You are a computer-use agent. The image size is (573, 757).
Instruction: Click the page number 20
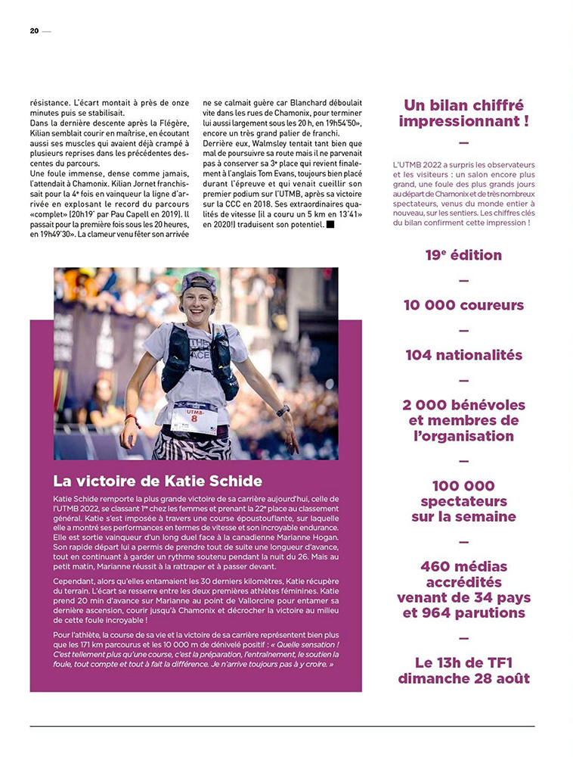(x=34, y=31)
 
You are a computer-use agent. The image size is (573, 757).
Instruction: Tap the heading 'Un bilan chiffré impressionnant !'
(x=463, y=113)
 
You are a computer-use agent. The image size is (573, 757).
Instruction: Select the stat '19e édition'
(x=463, y=255)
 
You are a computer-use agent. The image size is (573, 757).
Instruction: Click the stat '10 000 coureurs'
(x=463, y=305)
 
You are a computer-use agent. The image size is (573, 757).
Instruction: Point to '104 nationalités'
(x=463, y=355)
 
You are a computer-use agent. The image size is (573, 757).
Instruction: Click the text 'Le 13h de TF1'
(x=463, y=663)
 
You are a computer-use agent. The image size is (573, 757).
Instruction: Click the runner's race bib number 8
(x=194, y=419)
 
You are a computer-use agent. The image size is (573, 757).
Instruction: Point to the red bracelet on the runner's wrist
(x=132, y=418)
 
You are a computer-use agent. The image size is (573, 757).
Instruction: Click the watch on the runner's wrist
(x=283, y=411)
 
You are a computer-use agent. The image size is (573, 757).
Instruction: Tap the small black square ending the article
(x=330, y=224)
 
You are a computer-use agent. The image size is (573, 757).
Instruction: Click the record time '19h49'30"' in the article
(x=60, y=235)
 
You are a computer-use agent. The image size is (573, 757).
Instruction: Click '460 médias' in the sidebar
(x=463, y=566)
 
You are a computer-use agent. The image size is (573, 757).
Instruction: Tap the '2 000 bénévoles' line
(x=463, y=405)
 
